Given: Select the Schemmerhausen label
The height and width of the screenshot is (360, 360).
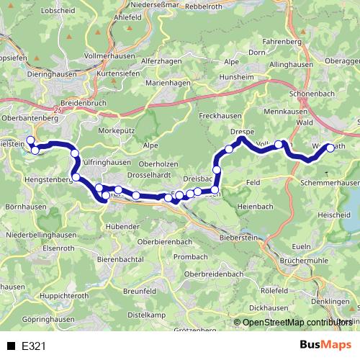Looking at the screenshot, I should pyautogui.click(x=330, y=184).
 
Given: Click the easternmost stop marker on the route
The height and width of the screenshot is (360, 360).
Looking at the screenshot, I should pyautogui.click(x=330, y=148).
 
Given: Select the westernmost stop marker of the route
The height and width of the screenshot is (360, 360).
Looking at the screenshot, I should pyautogui.click(x=30, y=140).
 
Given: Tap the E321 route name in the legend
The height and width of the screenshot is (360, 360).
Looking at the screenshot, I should pyautogui.click(x=34, y=346).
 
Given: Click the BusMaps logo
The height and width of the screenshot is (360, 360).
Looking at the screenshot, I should pyautogui.click(x=325, y=345).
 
